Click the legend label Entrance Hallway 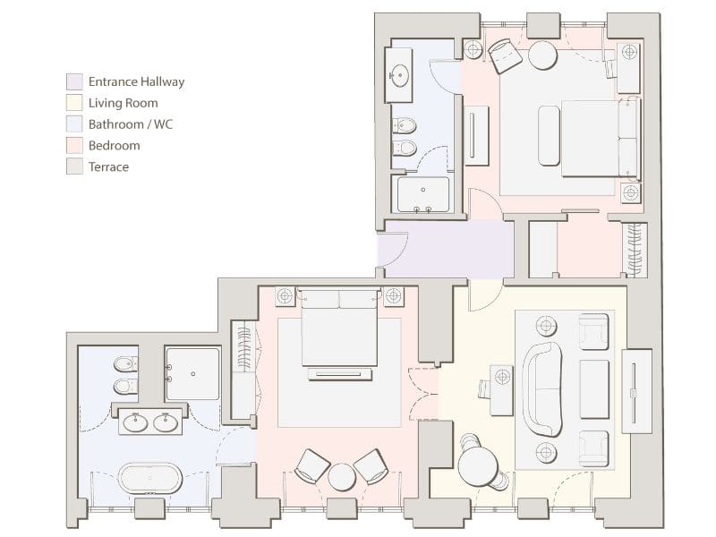tap(136, 81)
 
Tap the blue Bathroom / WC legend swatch tap(74, 124)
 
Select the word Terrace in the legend tap(108, 167)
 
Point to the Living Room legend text tap(124, 103)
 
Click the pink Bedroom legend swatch tap(74, 146)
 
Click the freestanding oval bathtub tap(150, 478)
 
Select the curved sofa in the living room tap(542, 389)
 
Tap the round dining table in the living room tap(478, 466)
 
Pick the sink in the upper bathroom tap(399, 74)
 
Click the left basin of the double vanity tap(136, 422)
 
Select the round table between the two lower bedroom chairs tap(342, 477)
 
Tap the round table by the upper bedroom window tap(543, 55)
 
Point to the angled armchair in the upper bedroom tap(505, 55)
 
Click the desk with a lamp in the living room tap(501, 390)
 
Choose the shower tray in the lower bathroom tap(192, 374)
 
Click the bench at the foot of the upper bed tap(549, 136)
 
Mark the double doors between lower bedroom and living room tap(422, 393)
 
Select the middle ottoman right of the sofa tap(593, 389)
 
